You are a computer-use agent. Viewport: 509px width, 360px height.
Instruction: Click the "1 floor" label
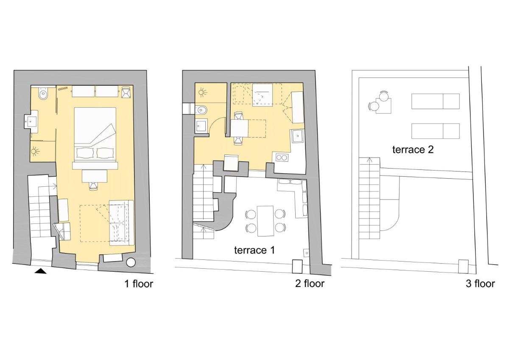[x=139, y=284]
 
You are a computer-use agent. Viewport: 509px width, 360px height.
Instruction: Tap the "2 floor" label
[x=310, y=284]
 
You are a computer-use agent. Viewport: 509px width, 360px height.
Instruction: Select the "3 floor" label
[x=480, y=284]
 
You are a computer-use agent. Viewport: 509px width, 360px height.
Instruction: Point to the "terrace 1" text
[x=254, y=250]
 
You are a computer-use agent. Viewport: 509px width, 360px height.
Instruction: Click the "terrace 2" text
[x=413, y=149]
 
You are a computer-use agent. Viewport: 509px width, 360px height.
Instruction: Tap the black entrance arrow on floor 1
[x=41, y=271]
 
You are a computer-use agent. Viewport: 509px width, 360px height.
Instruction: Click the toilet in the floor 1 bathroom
[x=43, y=93]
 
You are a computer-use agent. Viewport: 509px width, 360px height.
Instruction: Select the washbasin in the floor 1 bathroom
[x=31, y=122]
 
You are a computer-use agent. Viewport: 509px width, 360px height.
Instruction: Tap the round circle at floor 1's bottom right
[x=131, y=262]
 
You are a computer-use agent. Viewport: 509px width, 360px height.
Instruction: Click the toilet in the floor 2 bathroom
[x=201, y=110]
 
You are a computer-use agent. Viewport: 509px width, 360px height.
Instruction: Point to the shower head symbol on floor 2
[x=202, y=93]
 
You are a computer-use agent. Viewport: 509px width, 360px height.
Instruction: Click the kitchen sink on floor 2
[x=298, y=136]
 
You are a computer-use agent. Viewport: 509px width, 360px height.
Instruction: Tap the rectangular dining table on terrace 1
[x=265, y=221]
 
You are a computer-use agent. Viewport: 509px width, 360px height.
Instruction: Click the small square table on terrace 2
[x=383, y=106]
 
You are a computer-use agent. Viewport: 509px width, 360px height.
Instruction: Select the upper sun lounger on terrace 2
[x=435, y=101]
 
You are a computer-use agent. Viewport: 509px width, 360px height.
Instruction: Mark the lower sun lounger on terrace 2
[x=435, y=131]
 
